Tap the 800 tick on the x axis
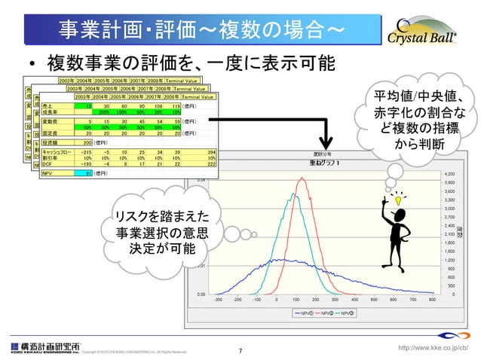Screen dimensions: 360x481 (x=431, y=299)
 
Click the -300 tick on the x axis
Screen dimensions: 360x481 (x=218, y=299)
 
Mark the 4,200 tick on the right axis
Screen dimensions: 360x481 (x=451, y=173)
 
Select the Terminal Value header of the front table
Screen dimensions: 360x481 (x=198, y=96)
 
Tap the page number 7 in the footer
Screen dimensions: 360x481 (x=240, y=349)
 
